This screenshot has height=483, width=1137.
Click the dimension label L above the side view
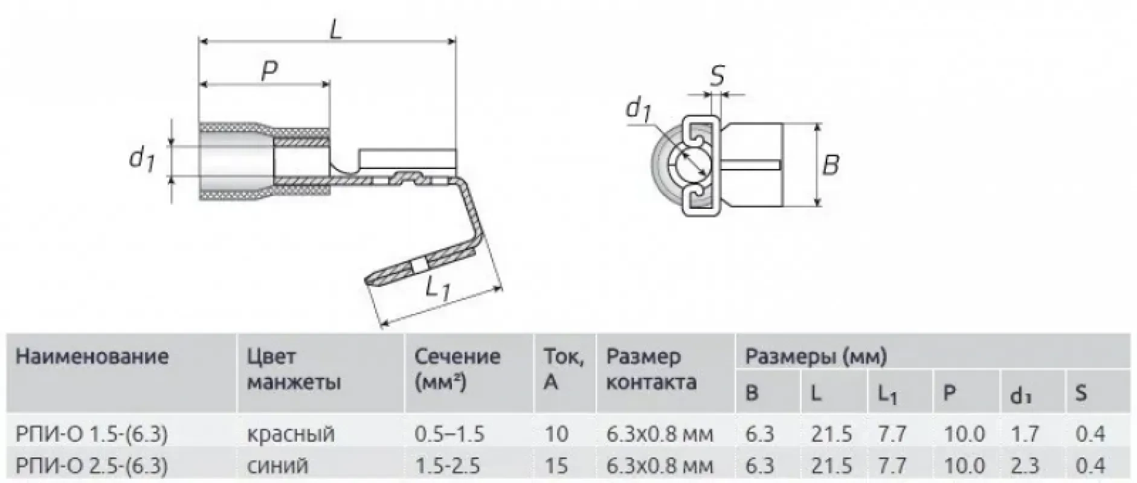335,28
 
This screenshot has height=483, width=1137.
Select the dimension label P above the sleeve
269,71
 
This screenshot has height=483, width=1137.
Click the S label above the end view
717,77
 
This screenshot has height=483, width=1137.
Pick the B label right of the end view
831,164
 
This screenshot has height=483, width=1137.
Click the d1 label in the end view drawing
638,109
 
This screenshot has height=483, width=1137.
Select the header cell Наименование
92,356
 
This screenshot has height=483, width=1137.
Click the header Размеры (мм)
816,356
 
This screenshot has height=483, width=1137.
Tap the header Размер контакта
651,369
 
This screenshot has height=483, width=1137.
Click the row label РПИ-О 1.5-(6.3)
91,433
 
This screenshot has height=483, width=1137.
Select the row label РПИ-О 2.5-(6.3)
91,465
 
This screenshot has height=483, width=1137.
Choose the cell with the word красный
291,433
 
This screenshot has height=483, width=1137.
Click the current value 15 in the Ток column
556,465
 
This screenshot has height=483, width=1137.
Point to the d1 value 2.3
1025,465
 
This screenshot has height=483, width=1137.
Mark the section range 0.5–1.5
449,433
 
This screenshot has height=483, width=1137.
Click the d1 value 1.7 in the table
1025,433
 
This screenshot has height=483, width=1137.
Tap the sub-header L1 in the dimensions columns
887,394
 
